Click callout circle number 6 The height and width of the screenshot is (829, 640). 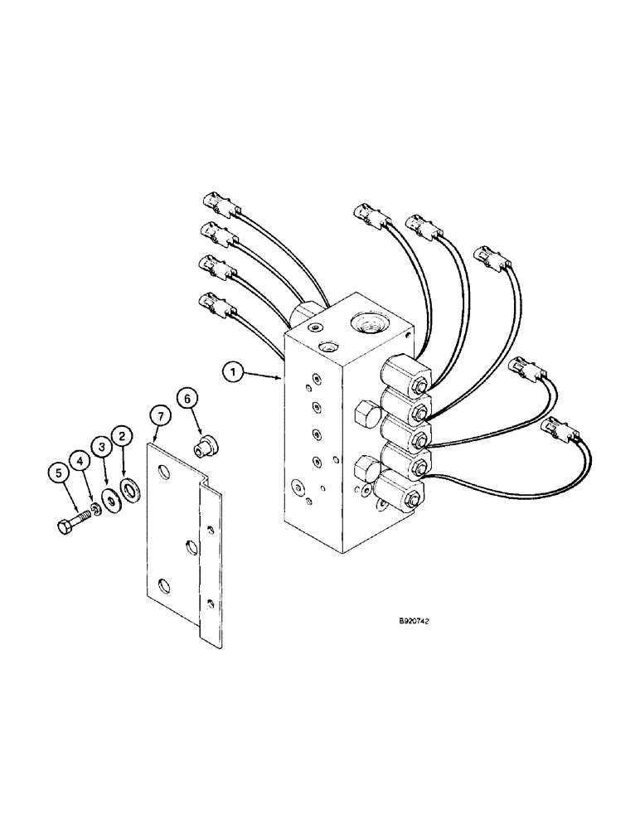click(187, 399)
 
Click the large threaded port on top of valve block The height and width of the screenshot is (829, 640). click(366, 320)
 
